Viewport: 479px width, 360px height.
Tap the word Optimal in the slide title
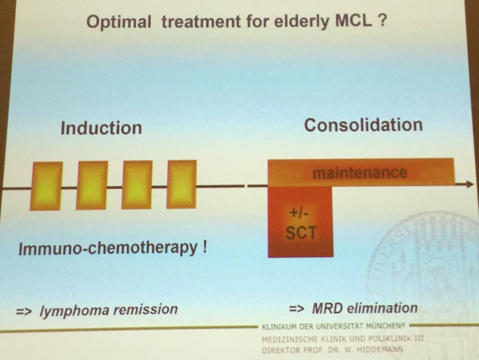click(119, 22)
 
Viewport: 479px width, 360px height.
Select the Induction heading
click(101, 128)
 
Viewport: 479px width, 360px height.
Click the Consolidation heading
click(363, 125)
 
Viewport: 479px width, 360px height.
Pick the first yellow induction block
click(46, 186)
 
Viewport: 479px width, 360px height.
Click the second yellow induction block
click(92, 185)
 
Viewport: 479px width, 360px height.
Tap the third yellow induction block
click(137, 185)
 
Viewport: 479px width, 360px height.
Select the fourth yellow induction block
click(181, 184)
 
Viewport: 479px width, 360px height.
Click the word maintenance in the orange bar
click(360, 173)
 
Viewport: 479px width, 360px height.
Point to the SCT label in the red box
click(301, 233)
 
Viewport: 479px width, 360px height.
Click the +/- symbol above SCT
click(299, 213)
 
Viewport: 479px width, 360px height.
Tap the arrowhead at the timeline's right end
click(470, 184)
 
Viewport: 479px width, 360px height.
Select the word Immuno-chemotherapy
click(108, 249)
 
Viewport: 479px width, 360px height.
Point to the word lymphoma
click(74, 310)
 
